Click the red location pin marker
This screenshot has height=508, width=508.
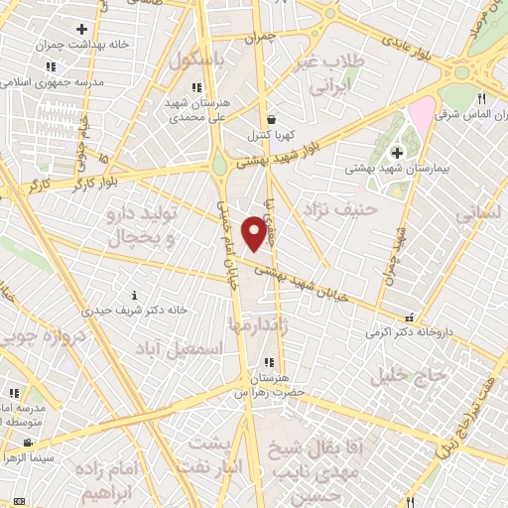[x=254, y=232]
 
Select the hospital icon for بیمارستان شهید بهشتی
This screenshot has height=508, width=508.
[x=397, y=152]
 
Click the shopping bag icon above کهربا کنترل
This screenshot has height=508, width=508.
[x=271, y=118]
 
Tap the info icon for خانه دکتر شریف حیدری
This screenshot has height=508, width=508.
[x=135, y=295]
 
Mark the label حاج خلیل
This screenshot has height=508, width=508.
[x=403, y=376]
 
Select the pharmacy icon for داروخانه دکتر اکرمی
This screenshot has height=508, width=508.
[x=408, y=318]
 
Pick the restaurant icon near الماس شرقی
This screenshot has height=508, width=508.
[x=481, y=98]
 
